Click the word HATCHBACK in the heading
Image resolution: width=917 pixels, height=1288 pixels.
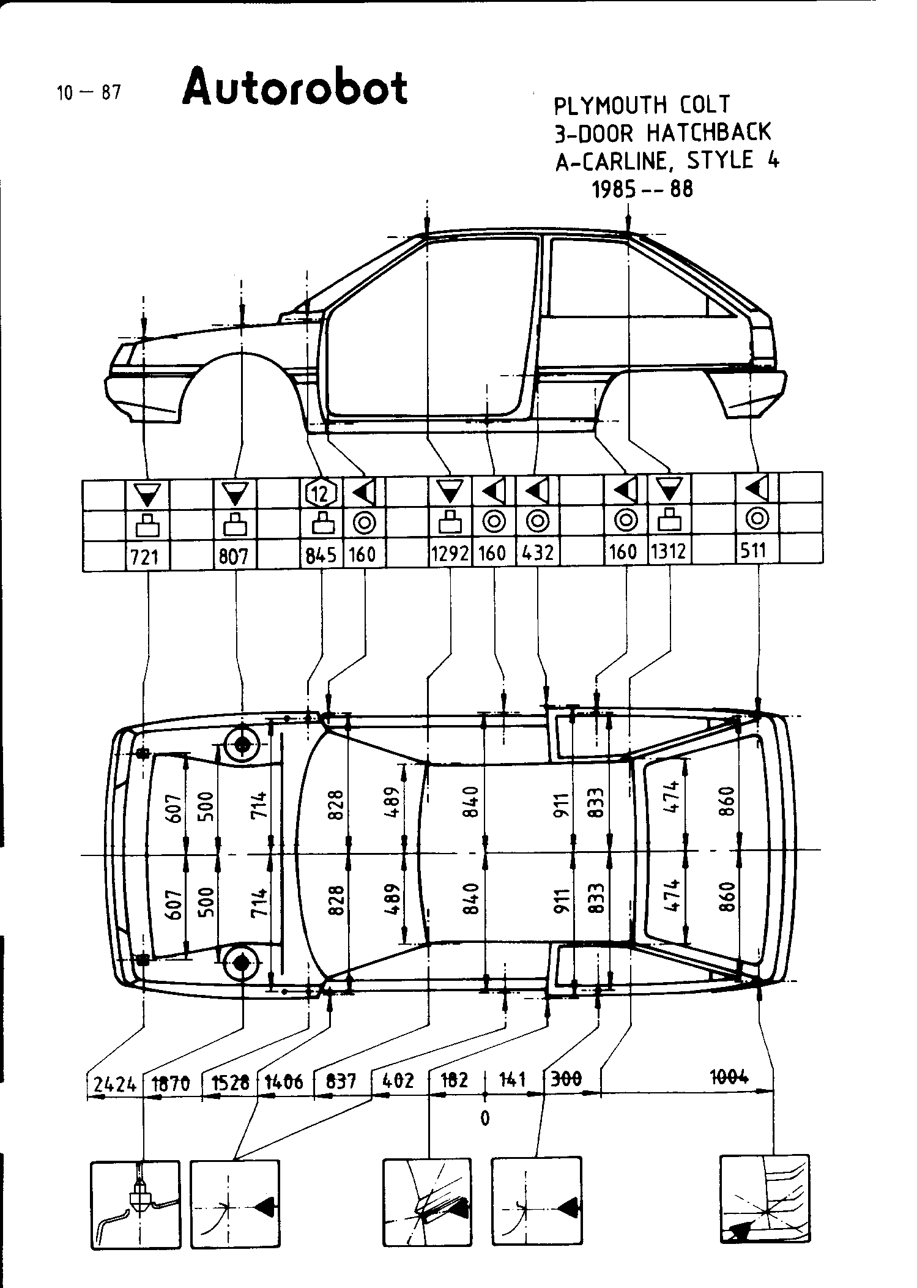coord(709,132)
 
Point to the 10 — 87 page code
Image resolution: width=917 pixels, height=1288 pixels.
coord(89,93)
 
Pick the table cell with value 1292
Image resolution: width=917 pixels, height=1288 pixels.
coord(450,554)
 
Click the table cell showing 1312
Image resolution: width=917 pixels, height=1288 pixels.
coord(668,553)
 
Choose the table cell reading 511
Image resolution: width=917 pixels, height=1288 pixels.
coord(753,551)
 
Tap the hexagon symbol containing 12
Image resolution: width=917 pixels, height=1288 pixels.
coord(321,491)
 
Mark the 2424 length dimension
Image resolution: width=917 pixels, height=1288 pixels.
coord(114,1084)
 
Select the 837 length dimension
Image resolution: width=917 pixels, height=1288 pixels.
coord(341,1081)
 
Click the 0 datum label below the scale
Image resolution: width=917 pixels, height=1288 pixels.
coord(484,1118)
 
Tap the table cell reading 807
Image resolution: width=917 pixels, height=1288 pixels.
coord(234,556)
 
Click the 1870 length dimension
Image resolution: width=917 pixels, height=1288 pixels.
coord(171,1084)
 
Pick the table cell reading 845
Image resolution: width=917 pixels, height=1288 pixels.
coord(321,555)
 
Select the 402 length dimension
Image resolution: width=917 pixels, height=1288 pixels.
coord(398,1081)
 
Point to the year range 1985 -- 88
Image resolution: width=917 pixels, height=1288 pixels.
coord(642,189)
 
